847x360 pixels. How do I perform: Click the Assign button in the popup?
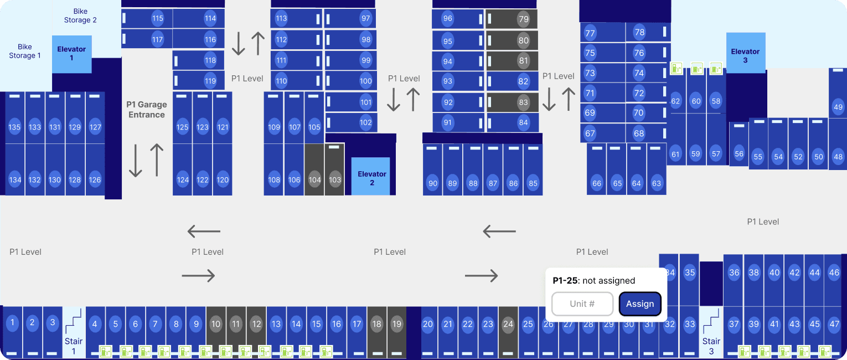pyautogui.click(x=640, y=304)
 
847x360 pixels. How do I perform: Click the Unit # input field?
pyautogui.click(x=582, y=304)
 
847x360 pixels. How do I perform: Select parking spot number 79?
pyautogui.click(x=523, y=19)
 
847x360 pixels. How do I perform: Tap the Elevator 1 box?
pyautogui.click(x=71, y=54)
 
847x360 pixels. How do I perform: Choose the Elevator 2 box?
pyautogui.click(x=371, y=177)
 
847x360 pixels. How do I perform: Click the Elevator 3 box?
pyautogui.click(x=745, y=54)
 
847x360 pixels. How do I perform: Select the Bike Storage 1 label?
pyautogui.click(x=25, y=51)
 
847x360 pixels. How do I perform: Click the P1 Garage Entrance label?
pyautogui.click(x=147, y=110)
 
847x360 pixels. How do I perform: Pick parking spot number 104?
pyautogui.click(x=314, y=180)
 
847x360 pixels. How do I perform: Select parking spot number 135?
pyautogui.click(x=15, y=127)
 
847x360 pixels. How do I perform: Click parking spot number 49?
pyautogui.click(x=838, y=107)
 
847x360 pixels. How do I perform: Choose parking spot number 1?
pyautogui.click(x=12, y=322)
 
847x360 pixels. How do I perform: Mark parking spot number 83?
pyautogui.click(x=523, y=102)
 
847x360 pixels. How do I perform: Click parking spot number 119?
pyautogui.click(x=210, y=81)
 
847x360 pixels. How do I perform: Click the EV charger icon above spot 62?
pyautogui.click(x=676, y=68)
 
